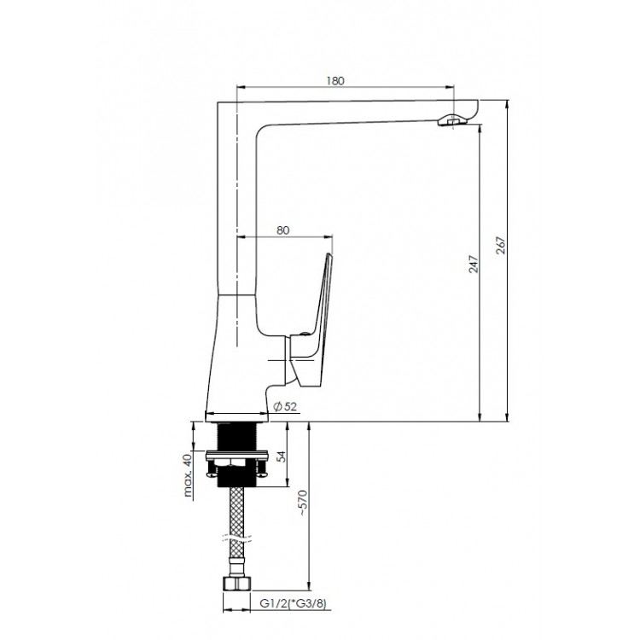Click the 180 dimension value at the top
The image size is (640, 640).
click(335, 81)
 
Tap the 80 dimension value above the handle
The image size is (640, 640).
click(282, 230)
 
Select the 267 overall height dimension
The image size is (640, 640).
click(501, 245)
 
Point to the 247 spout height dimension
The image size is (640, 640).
click(473, 264)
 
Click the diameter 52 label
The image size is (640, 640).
click(285, 406)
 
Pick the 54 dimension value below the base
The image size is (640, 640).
click(282, 457)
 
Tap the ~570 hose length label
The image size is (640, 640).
click(303, 503)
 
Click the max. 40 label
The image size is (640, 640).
click(188, 475)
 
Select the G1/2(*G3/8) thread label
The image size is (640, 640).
click(294, 603)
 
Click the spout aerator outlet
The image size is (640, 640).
click(451, 121)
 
